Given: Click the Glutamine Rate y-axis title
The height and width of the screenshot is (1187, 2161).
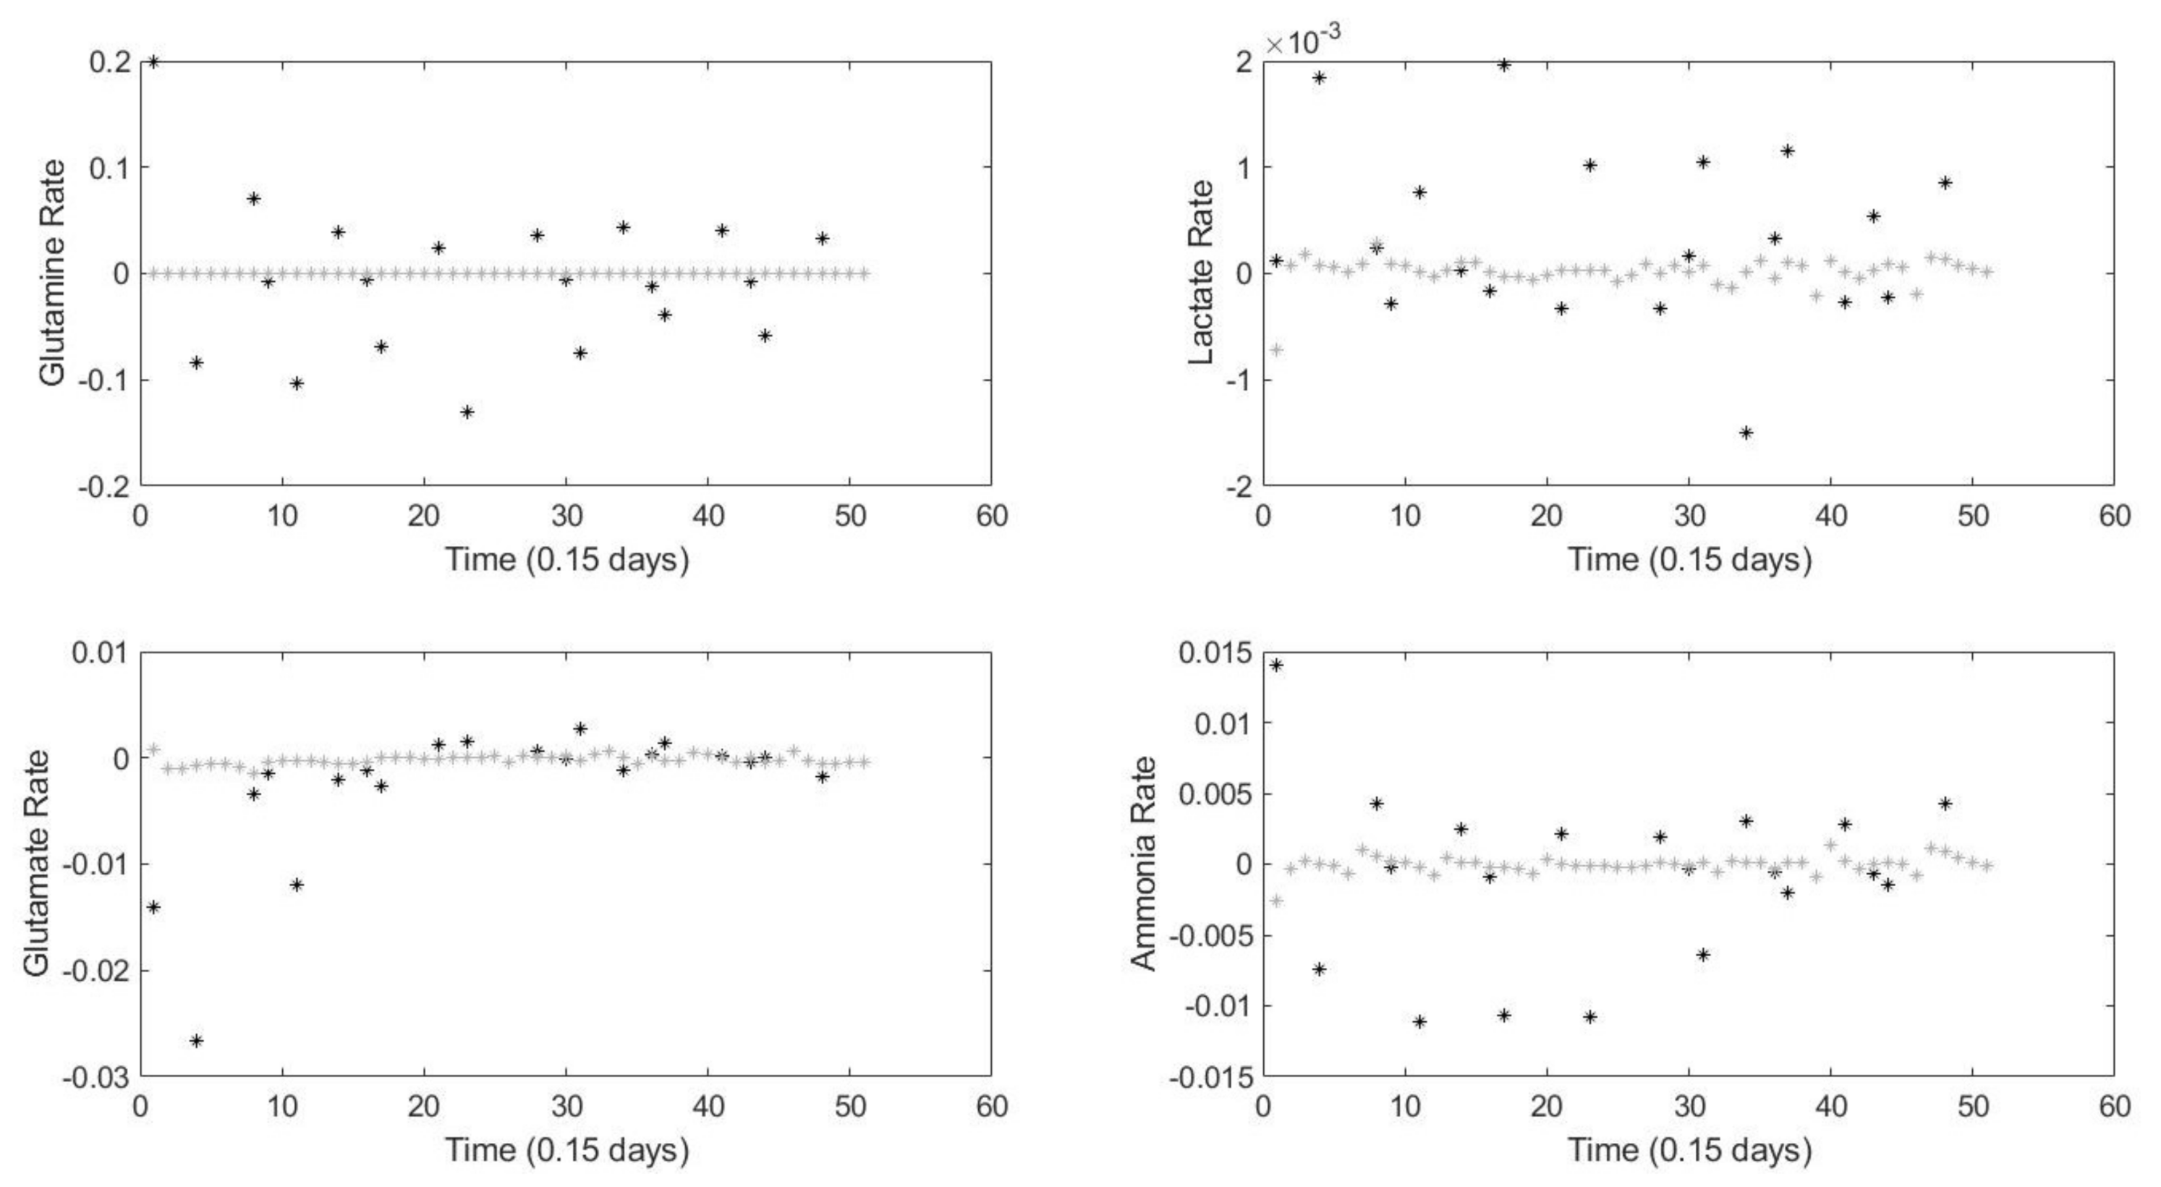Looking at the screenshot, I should [52, 273].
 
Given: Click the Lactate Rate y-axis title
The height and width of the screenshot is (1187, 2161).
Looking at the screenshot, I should [1201, 273].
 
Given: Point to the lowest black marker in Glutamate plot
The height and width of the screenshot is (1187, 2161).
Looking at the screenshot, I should [196, 1040].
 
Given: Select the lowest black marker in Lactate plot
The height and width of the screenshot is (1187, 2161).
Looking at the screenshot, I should [1746, 433].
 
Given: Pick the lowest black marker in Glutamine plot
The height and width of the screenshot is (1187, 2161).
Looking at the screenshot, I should [467, 412].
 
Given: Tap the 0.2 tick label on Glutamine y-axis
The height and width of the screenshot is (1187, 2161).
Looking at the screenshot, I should [109, 61].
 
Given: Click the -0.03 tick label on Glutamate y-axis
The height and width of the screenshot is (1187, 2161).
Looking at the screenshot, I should [95, 1076].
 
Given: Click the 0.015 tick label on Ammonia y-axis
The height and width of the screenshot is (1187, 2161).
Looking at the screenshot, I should [1215, 652].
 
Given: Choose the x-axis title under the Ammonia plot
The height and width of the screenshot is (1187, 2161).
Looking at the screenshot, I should [1689, 1149].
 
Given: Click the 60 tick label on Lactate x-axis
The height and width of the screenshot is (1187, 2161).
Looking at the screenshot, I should [2114, 515].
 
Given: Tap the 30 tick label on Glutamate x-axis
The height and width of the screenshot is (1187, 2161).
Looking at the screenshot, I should [566, 1106].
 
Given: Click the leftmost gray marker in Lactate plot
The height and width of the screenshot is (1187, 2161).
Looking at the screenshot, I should [1277, 349].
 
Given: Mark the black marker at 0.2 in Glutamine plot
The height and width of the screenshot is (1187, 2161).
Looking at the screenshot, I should [153, 61].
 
